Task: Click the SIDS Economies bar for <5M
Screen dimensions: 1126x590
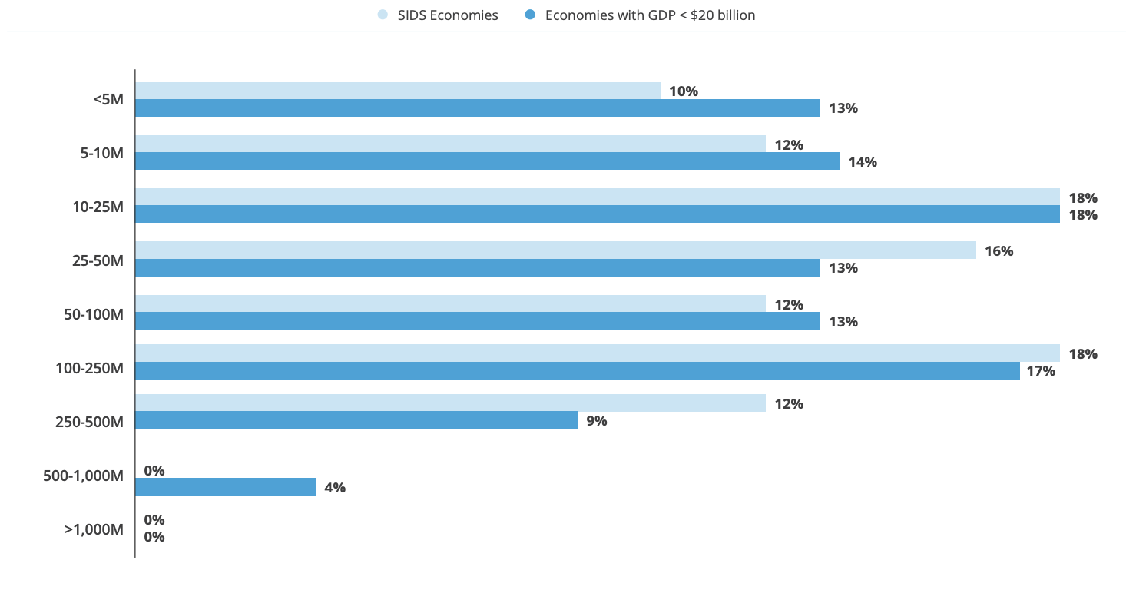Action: coord(398,91)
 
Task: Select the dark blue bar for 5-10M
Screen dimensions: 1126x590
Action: coord(487,161)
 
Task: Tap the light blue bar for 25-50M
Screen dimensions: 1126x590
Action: coord(555,250)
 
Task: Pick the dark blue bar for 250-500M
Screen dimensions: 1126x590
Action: coord(356,420)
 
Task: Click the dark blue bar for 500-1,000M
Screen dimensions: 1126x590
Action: coord(226,486)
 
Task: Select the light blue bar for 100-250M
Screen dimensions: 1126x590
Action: coord(598,353)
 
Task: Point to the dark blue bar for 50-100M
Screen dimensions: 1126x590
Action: coord(478,321)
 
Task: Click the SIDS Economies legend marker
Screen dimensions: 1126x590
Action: coord(383,15)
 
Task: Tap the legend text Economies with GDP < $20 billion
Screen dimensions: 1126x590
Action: coord(650,15)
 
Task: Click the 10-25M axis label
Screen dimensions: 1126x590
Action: coord(98,207)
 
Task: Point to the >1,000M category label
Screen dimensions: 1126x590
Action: coord(94,529)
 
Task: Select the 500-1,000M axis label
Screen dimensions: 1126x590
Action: coord(84,476)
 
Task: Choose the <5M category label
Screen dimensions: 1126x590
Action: coord(108,99)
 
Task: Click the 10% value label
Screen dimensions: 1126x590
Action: coord(683,91)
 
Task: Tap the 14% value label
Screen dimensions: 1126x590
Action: coord(863,162)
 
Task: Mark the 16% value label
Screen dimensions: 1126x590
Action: coord(998,251)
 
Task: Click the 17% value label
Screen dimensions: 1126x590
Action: coord(1041,371)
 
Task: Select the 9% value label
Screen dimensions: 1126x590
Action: coord(597,420)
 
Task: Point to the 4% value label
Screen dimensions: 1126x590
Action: coord(335,487)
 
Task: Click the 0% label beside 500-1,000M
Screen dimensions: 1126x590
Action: coord(154,471)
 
